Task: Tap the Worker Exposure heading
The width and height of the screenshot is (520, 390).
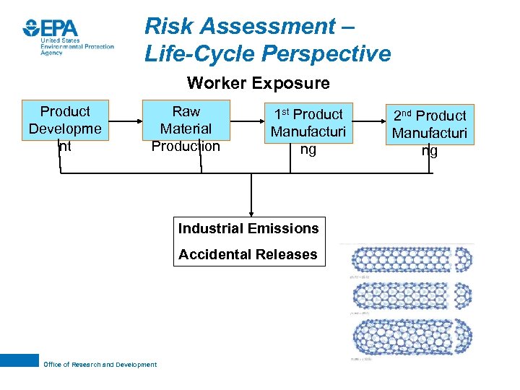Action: click(258, 83)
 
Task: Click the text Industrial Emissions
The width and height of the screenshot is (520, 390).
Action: click(248, 228)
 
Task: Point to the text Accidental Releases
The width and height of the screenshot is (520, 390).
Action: click(248, 254)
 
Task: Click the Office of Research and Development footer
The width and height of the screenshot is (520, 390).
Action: click(100, 365)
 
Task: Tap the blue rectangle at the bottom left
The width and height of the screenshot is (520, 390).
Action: click(19, 360)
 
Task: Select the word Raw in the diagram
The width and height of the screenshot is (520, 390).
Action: click(186, 111)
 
